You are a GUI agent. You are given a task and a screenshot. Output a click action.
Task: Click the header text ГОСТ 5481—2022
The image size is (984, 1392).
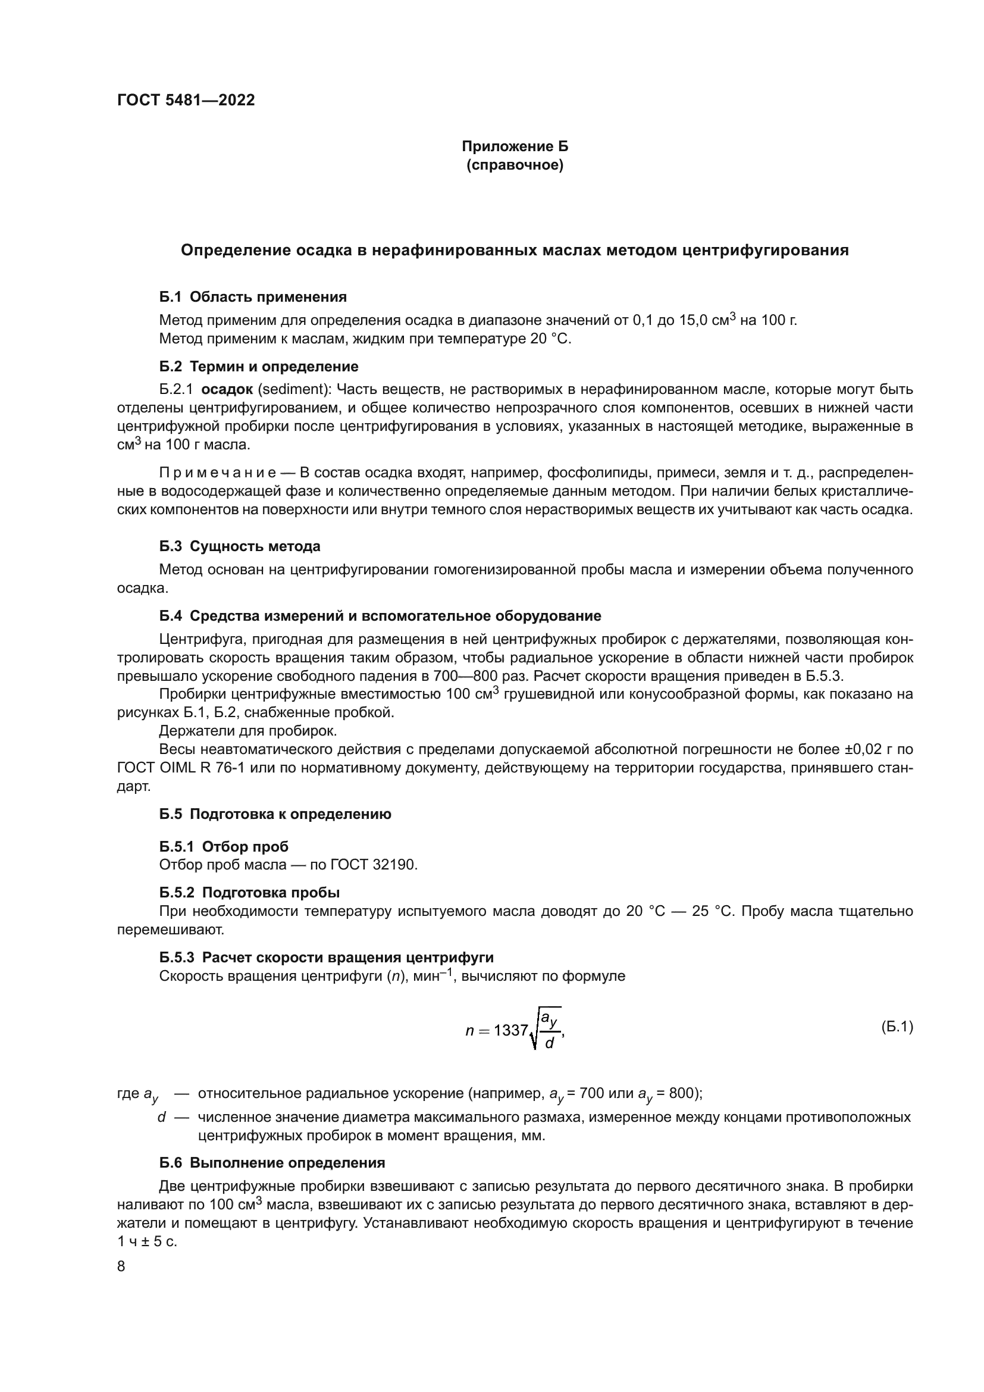point(186,100)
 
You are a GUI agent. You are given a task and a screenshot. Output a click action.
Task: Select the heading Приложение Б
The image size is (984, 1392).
point(515,146)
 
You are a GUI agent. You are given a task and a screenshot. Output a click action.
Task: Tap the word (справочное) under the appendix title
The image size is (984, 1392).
point(515,165)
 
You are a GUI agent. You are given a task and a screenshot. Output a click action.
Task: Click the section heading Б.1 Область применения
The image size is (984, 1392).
point(253,296)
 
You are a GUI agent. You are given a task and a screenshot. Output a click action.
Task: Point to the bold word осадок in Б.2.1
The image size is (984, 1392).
point(227,389)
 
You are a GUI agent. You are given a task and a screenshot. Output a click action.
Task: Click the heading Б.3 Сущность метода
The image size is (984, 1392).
point(239,546)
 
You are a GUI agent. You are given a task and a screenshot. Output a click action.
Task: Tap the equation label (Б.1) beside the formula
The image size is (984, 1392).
point(896,1027)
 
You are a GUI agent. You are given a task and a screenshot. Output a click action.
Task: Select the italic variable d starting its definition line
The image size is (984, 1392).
point(161,1116)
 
